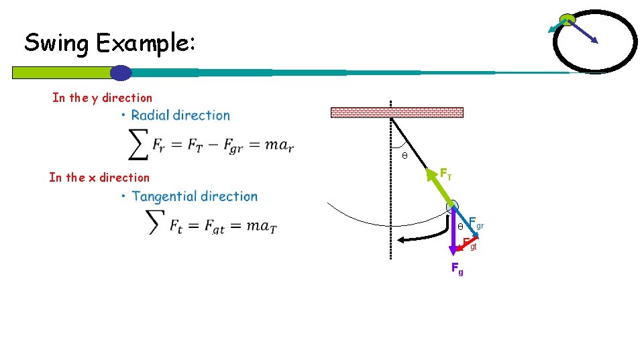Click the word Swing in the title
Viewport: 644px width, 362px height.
pos(58,44)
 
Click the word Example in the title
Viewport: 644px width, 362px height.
pos(146,44)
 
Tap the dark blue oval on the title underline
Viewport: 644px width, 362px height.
pos(120,72)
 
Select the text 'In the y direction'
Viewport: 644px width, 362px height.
pos(102,98)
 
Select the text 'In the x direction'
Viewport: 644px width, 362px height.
pos(99,178)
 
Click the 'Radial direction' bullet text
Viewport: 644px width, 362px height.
pos(180,115)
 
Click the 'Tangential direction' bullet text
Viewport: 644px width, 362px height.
pos(195,196)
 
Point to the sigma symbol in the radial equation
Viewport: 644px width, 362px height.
pos(138,144)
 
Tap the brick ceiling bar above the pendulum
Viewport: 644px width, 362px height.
pos(396,113)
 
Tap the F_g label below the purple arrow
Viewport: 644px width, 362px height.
pos(457,269)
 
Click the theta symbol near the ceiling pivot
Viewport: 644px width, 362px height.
pos(404,156)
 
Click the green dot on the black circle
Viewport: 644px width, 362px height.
pos(568,19)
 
